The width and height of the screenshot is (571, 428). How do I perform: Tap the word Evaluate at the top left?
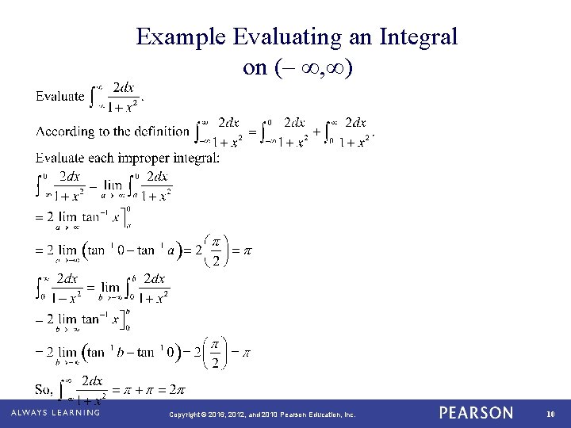(60, 96)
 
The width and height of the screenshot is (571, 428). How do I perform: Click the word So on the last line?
(44, 389)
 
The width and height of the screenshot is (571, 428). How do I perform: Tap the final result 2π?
(177, 389)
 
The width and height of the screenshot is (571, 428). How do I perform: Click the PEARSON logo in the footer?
(477, 414)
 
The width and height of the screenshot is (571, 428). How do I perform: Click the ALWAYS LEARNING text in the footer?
(56, 414)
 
